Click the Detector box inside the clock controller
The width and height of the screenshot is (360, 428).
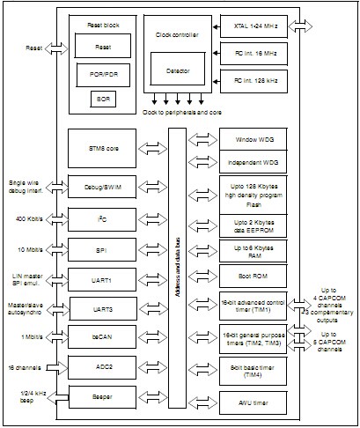click(177, 68)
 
